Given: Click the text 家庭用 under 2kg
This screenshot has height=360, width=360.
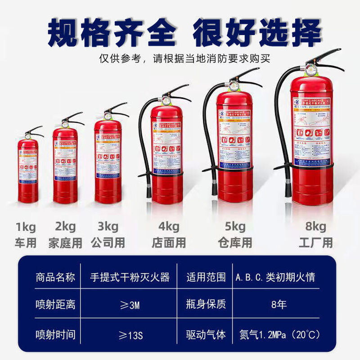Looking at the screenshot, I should (65, 243).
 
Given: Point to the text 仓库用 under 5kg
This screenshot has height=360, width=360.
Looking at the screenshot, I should (235, 243).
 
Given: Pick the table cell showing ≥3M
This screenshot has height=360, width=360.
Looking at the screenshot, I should (130, 305).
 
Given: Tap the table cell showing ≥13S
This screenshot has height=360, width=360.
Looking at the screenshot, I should (130, 335).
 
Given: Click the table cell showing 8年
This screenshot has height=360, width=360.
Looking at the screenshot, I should (279, 305).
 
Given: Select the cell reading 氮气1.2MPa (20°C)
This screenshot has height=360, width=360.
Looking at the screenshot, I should (279, 335).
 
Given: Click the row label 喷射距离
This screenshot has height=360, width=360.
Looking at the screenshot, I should (55, 305).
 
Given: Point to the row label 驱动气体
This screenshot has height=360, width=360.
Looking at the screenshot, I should (206, 335).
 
